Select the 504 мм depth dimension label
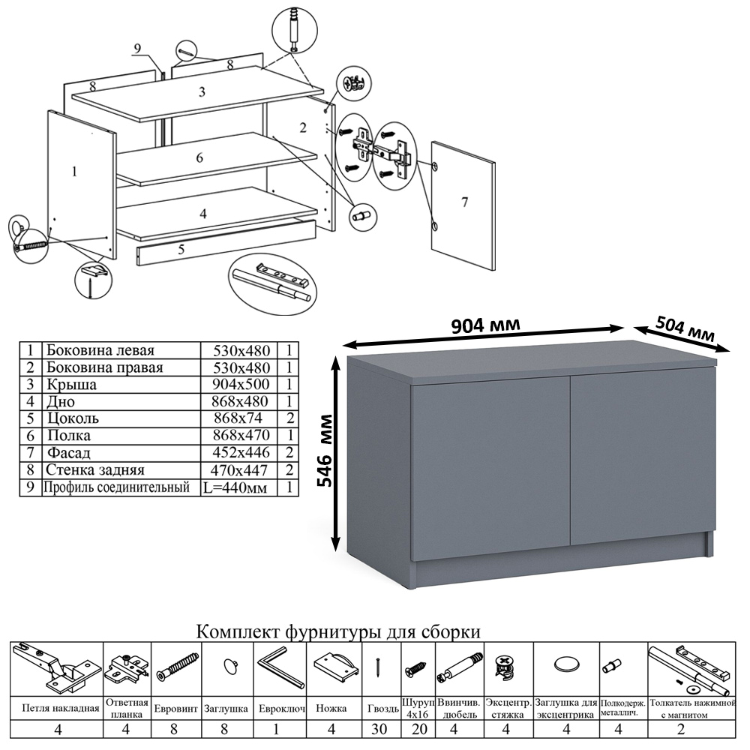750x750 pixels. [x=685, y=329]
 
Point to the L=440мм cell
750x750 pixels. [x=235, y=487]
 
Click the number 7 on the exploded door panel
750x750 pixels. [x=464, y=202]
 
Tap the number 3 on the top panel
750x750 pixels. [x=202, y=93]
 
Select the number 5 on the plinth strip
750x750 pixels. [x=181, y=250]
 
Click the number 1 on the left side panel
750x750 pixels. [x=73, y=172]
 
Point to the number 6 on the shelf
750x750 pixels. [x=199, y=158]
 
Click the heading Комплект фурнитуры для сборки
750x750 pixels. [x=337, y=632]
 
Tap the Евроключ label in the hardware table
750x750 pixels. [x=280, y=707]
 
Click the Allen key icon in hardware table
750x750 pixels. [x=280, y=667]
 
